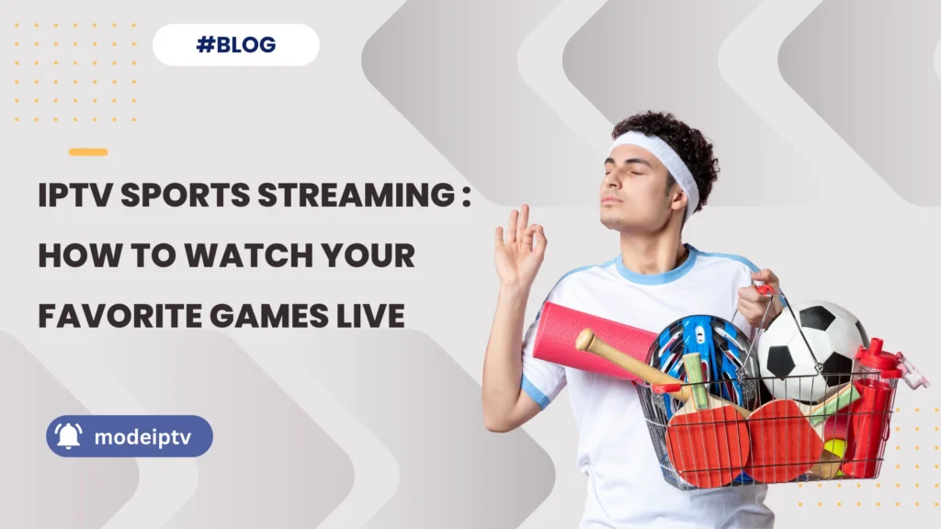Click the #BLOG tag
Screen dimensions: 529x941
235,45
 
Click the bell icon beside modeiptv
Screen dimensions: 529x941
69,436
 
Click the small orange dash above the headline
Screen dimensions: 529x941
88,152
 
